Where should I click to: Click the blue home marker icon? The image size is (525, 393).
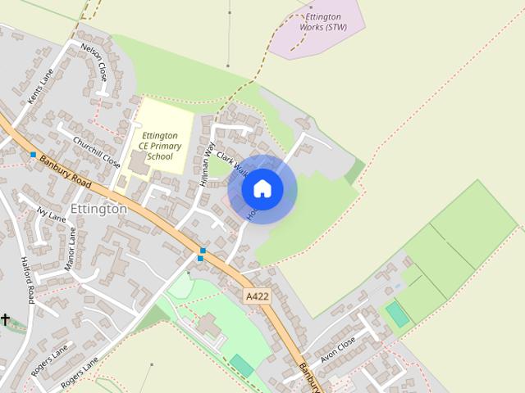click(262, 189)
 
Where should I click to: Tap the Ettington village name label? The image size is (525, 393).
click(99, 209)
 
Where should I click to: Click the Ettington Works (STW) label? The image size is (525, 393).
click(323, 22)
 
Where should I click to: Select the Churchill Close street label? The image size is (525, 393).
click(96, 151)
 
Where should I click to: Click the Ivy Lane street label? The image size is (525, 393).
click(51, 215)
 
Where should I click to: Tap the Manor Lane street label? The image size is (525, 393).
click(71, 249)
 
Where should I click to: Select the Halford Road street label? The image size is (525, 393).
click(25, 279)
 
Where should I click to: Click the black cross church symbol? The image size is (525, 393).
click(5, 319)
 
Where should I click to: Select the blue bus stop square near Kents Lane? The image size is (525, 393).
click(33, 154)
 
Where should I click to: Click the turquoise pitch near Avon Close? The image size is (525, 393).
click(398, 314)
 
